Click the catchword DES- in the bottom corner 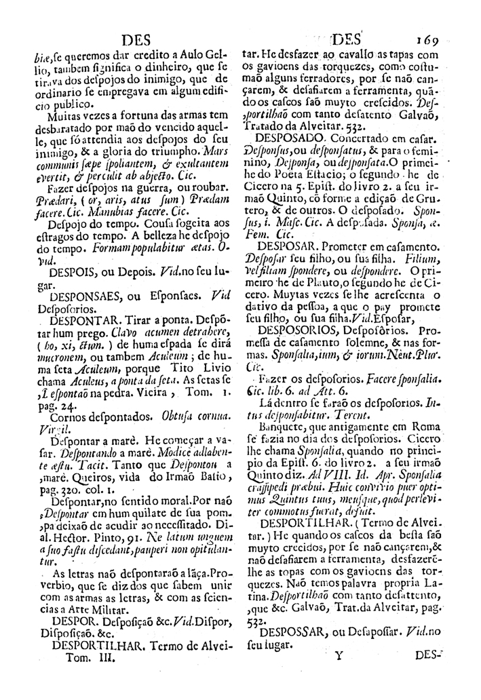pyautogui.click(x=427, y=656)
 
